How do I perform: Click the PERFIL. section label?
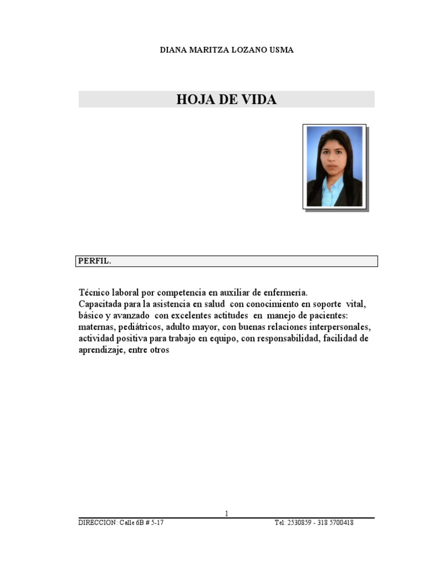pyautogui.click(x=94, y=261)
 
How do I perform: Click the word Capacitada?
pyautogui.click(x=102, y=304)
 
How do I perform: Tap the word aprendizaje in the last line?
pyautogui.click(x=101, y=350)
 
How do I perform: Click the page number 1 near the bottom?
pyautogui.click(x=226, y=513)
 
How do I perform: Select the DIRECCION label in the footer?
pyautogui.click(x=97, y=523)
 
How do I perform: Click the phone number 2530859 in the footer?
pyautogui.click(x=299, y=523)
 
